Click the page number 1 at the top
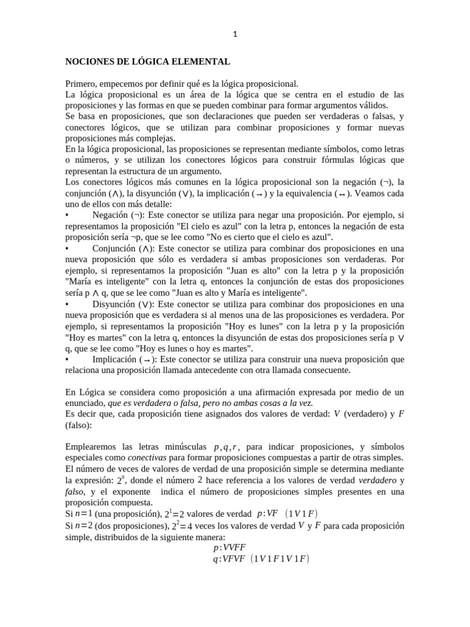tap(235, 34)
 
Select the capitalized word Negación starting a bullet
tap(111, 216)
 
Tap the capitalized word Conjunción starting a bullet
tap(115, 249)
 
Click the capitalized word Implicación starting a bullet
tap(115, 359)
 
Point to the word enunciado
tap(85, 403)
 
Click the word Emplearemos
tap(94, 447)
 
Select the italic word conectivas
tap(146, 458)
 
